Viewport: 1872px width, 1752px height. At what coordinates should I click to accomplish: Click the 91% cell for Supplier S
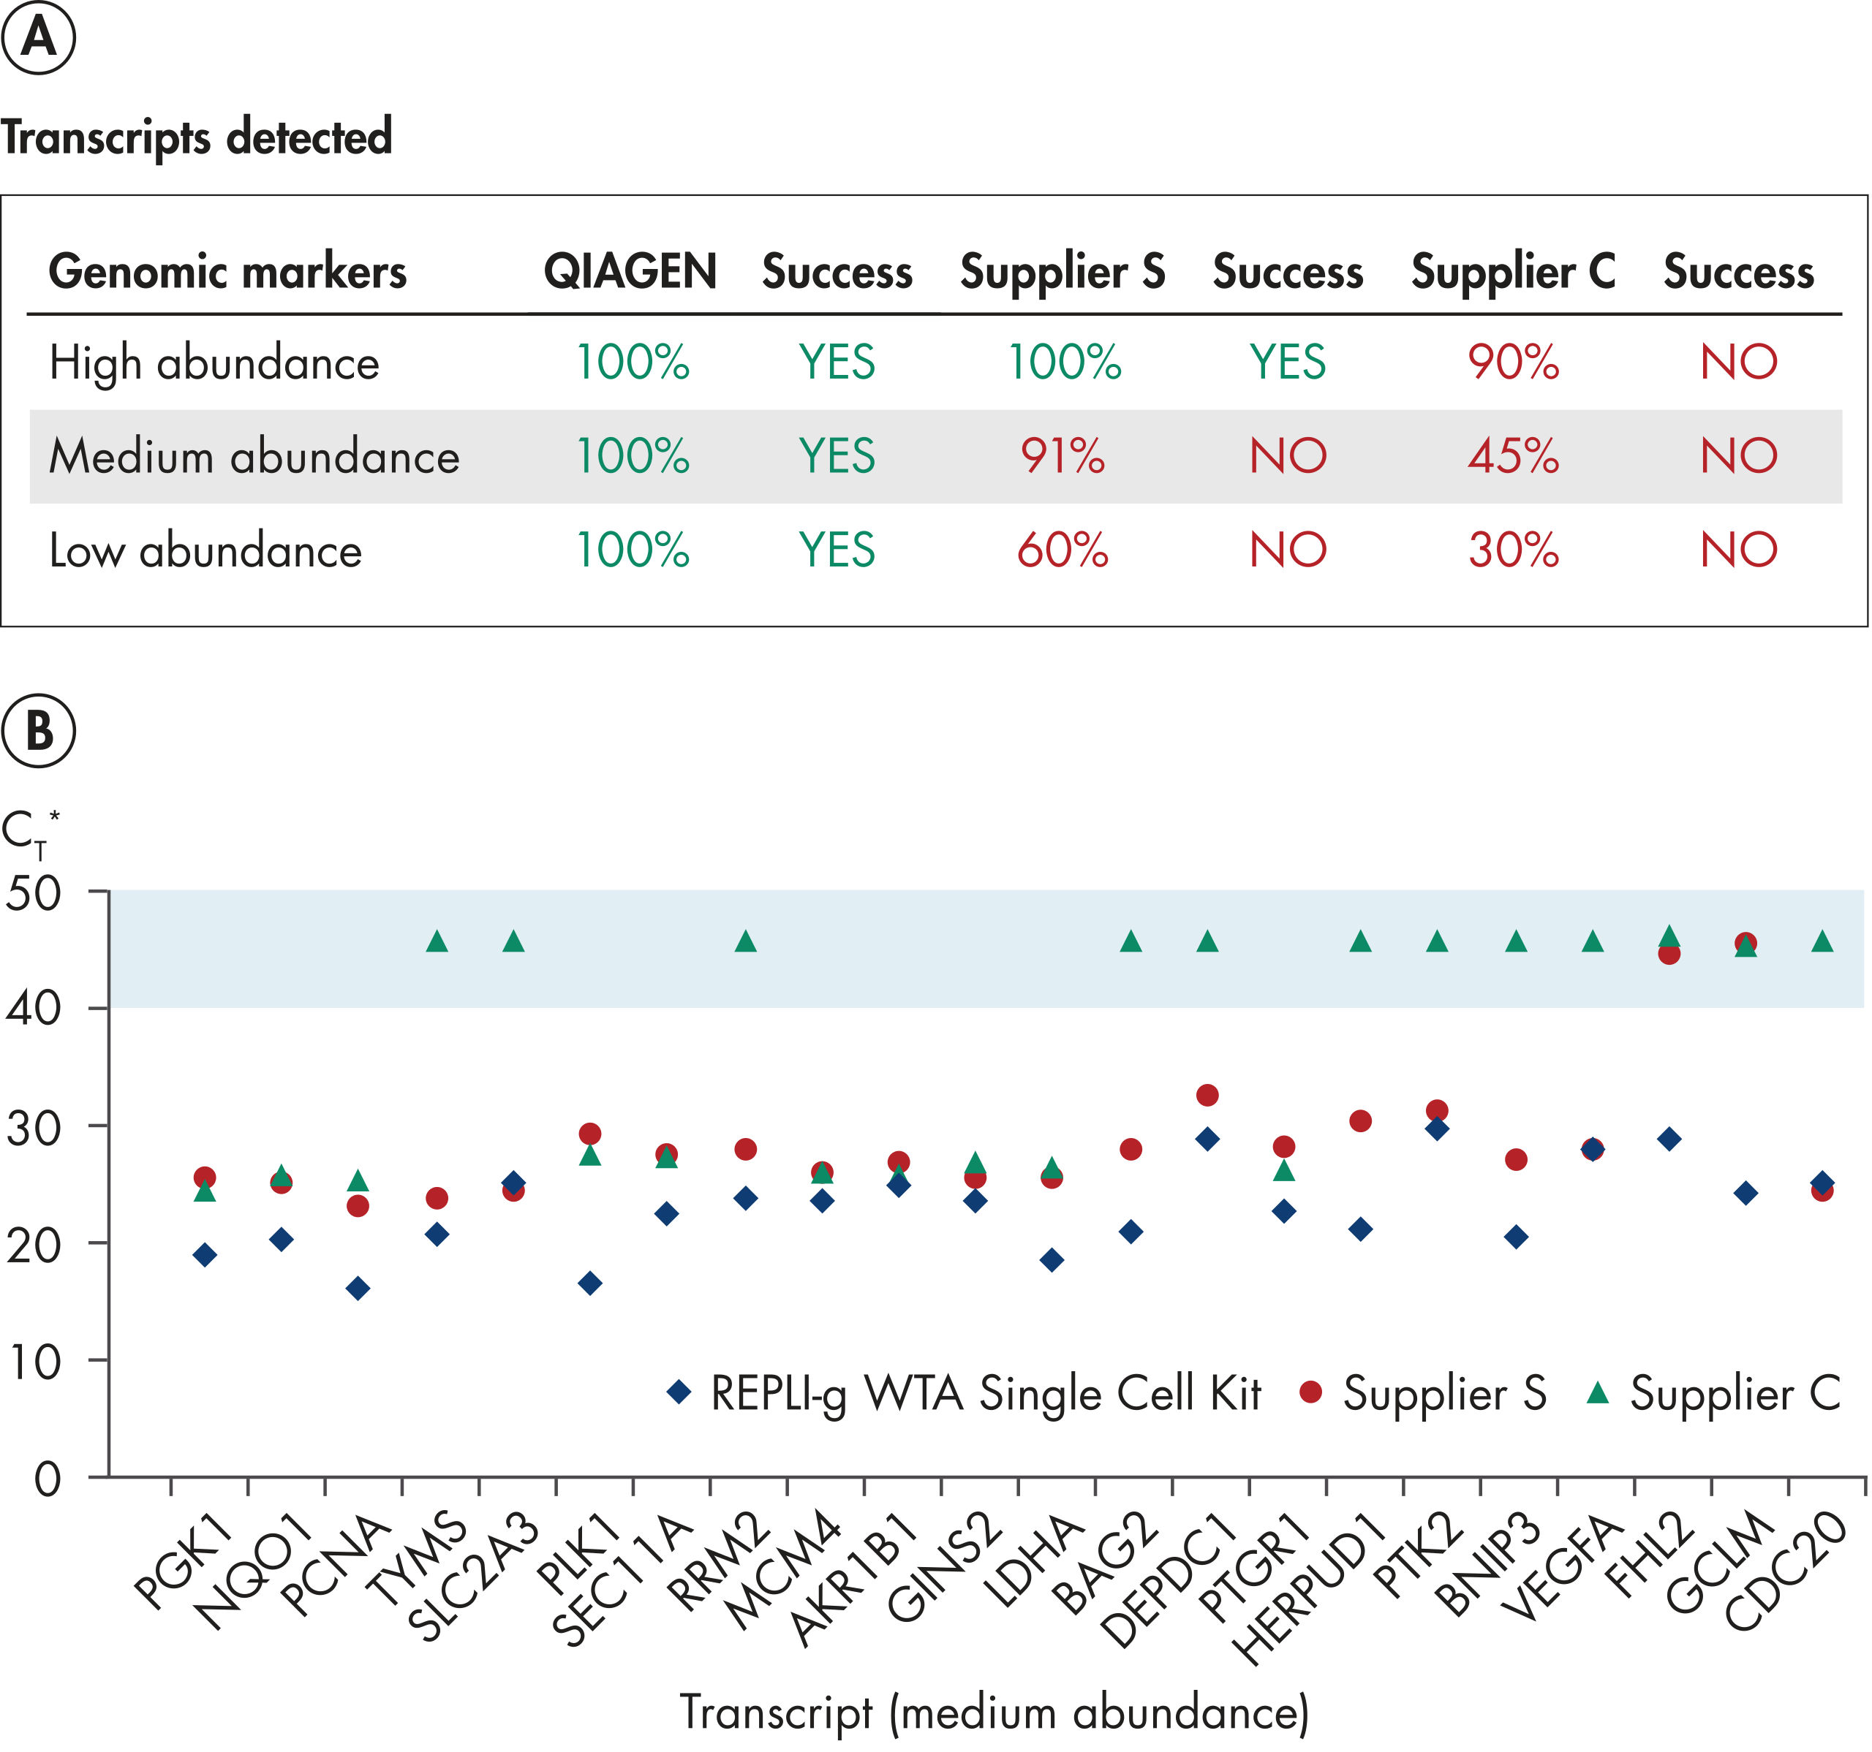pos(1063,457)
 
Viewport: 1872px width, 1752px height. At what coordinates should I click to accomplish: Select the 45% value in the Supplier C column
pos(1512,457)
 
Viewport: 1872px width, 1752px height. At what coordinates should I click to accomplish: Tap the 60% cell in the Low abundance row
pos(1063,550)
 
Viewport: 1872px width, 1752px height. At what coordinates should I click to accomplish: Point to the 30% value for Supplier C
pos(1512,550)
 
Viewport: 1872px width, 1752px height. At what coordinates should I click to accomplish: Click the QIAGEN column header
pos(630,272)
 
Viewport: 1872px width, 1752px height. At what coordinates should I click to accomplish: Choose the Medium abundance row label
pos(254,457)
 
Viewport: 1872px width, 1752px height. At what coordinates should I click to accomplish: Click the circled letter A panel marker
pos(39,38)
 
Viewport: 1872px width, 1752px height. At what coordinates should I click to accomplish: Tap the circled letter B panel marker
pos(39,731)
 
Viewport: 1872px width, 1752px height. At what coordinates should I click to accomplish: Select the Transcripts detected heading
pos(196,137)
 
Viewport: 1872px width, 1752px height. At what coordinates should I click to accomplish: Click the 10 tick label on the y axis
pos(33,1361)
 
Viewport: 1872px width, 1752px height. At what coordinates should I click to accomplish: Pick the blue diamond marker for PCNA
pos(358,1289)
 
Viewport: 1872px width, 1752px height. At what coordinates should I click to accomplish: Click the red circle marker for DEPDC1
pos(1207,1095)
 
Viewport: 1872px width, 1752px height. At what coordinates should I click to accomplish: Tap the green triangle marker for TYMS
pos(437,941)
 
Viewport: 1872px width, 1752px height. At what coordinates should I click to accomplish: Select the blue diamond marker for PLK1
pos(590,1283)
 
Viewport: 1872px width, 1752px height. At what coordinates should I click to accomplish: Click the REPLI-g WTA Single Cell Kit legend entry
pos(984,1393)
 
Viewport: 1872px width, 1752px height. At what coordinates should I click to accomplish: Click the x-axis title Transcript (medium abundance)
pos(994,1712)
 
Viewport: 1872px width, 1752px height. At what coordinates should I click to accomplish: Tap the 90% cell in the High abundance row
pos(1512,363)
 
